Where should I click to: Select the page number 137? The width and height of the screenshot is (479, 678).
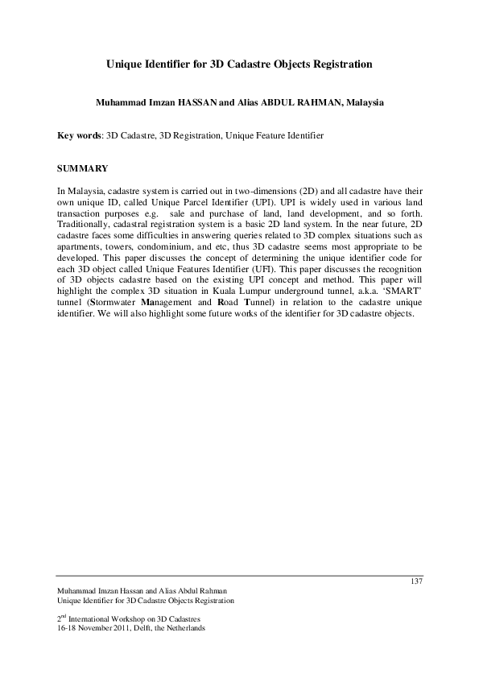click(x=416, y=581)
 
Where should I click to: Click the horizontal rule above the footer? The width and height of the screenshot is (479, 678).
click(x=239, y=576)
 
